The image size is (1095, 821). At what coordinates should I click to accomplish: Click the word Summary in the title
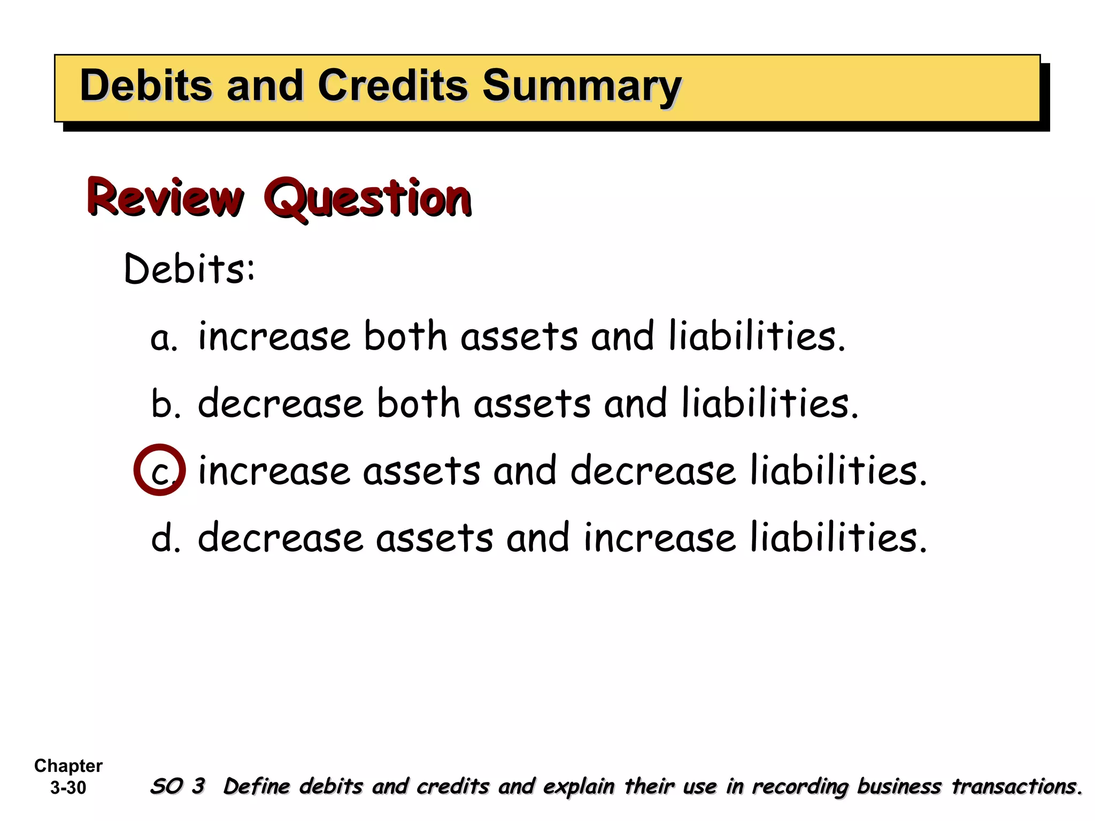[581, 87]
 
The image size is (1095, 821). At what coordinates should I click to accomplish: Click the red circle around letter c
[160, 470]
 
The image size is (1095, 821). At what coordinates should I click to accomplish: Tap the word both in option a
[405, 337]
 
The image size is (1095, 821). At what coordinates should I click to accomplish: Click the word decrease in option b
[280, 404]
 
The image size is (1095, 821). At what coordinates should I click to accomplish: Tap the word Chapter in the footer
[68, 765]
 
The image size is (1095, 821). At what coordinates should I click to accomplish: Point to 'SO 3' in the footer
[177, 786]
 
